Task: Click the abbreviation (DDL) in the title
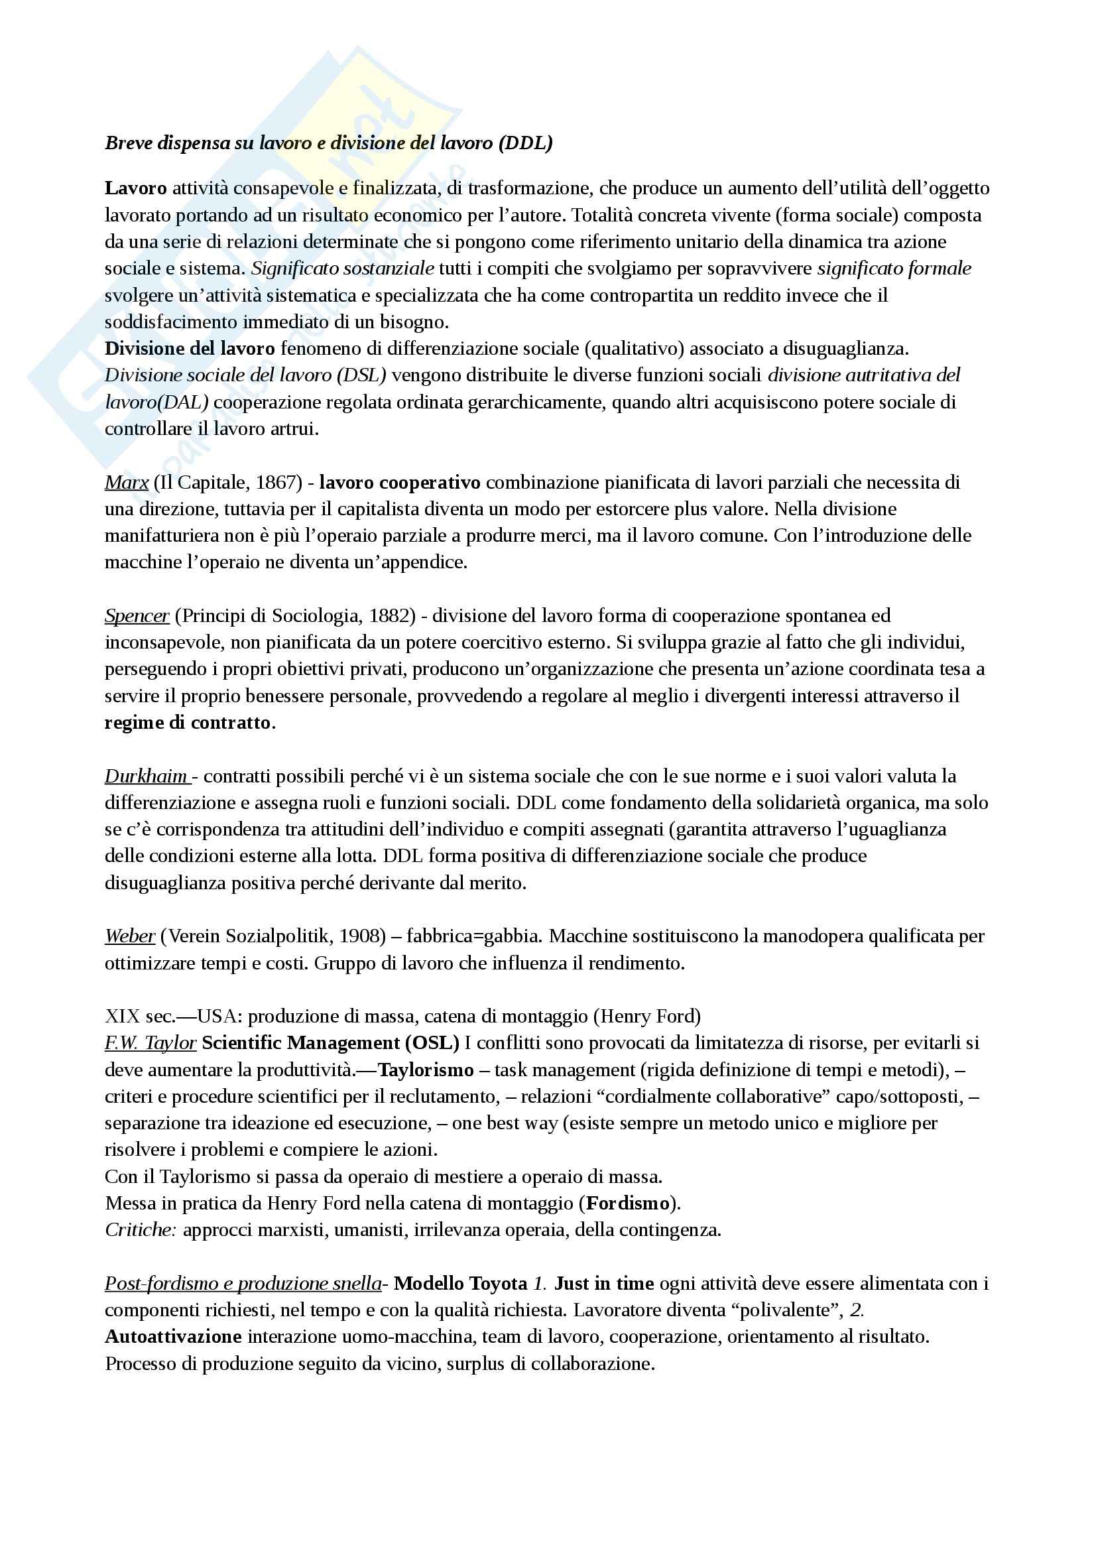point(525,143)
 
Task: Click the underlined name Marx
point(126,482)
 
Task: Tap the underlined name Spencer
point(137,616)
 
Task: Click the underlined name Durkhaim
point(146,776)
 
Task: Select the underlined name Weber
point(130,936)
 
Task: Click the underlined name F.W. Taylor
point(151,1043)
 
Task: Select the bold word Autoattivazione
point(173,1336)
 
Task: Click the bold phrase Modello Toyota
point(461,1284)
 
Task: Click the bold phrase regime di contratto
point(188,723)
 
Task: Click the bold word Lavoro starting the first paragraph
point(136,188)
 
